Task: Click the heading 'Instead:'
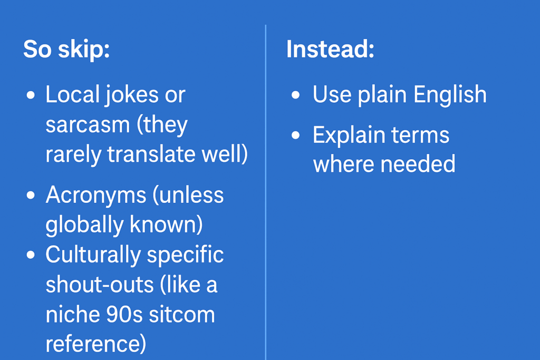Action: coord(330,49)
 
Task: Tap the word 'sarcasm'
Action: coord(88,124)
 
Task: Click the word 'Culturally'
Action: coord(93,256)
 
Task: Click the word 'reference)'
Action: coord(96,344)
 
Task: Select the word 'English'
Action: coord(450,95)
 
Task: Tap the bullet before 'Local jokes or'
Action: coord(31,95)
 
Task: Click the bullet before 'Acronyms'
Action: coord(31,196)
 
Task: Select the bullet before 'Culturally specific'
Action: coord(31,255)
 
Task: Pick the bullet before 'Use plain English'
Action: coord(295,95)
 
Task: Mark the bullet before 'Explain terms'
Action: coord(295,135)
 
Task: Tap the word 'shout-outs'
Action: coord(100,285)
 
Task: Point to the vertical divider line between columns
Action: coord(266,192)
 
